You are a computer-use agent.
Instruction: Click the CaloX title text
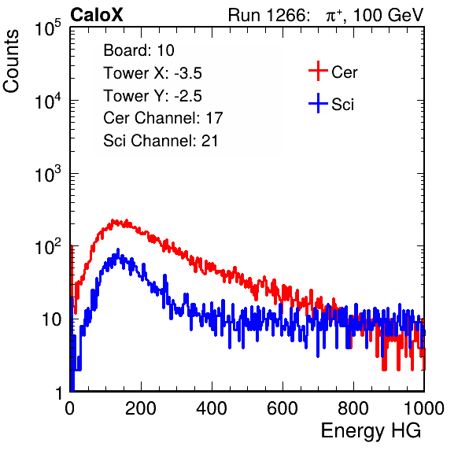click(96, 15)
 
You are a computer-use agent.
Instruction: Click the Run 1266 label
click(268, 15)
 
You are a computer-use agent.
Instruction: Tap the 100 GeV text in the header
click(388, 15)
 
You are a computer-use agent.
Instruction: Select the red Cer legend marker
click(318, 71)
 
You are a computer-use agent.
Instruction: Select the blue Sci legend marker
click(318, 103)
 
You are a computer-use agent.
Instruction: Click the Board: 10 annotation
click(138, 50)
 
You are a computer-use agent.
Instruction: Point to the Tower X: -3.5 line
click(153, 73)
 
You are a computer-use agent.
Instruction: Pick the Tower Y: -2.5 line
click(153, 96)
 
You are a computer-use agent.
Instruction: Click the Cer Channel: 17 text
click(163, 118)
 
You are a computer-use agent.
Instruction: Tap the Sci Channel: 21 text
click(161, 141)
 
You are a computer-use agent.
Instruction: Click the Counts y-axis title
click(11, 61)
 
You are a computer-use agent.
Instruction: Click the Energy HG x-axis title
click(371, 431)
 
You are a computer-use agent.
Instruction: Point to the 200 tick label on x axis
click(141, 408)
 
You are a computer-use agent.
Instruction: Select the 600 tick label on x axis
click(283, 408)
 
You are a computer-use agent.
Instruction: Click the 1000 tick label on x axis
click(424, 408)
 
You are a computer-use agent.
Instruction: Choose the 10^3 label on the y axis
click(48, 173)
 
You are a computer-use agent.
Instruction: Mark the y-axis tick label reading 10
click(52, 319)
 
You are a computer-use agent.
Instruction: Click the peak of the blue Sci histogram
click(118, 249)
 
